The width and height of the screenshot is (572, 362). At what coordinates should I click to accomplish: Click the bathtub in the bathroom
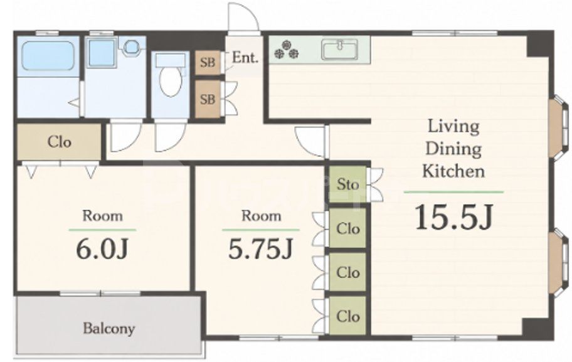coord(48,56)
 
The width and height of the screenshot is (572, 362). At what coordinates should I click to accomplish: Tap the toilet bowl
coord(171,81)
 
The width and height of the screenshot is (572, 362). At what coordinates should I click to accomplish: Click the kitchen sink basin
coord(339,50)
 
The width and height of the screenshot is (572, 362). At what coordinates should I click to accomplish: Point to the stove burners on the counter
coord(287,50)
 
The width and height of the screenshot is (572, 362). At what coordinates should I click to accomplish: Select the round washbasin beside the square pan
coord(131,46)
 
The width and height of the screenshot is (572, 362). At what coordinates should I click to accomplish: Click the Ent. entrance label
coord(245,57)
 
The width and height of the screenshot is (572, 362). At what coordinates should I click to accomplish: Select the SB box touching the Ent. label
coord(208,62)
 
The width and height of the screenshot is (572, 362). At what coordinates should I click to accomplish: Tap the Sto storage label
coord(347,184)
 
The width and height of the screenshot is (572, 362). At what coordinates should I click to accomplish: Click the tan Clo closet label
coord(59,142)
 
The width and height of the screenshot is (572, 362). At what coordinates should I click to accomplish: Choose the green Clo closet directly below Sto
coord(347,228)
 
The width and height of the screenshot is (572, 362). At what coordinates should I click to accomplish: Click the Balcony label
coord(109,328)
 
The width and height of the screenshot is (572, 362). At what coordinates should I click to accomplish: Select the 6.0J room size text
coord(102,249)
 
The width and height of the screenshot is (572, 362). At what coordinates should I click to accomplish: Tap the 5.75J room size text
coord(261,249)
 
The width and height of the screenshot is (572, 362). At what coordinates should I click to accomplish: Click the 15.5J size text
coord(454,217)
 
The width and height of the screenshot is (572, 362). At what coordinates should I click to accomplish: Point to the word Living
coord(453,126)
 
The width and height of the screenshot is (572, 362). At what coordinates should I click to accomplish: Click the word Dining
coord(453,149)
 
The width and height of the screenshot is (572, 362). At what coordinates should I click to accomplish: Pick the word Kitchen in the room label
coord(453,171)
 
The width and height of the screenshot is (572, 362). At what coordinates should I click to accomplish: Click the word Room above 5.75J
coord(261,216)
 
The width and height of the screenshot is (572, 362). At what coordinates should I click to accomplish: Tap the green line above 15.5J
coord(453,192)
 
